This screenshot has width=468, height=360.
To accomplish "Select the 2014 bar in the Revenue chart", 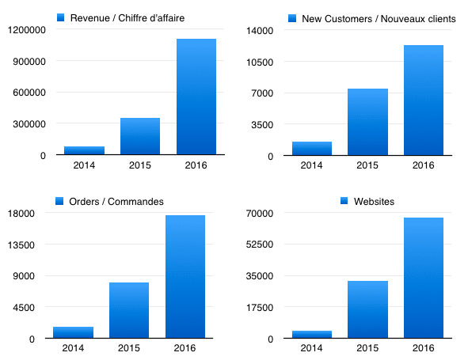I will coord(84,150).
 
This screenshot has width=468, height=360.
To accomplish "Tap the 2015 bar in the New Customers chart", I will coord(367,122).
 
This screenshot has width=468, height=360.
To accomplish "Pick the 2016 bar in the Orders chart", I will coord(185,277).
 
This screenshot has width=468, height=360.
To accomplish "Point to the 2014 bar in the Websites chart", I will coord(311,335).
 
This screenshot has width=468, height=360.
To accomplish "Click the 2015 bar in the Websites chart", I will coord(367,309).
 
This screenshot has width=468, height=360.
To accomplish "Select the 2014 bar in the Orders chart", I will coord(73,332).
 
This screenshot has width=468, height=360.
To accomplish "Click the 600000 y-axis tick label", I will coord(28,93).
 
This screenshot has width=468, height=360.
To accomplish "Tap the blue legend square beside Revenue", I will coord(60,17).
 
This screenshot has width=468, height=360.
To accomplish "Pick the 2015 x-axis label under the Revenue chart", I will coord(140,165).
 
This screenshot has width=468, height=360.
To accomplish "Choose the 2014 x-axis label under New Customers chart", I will coord(311,165).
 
